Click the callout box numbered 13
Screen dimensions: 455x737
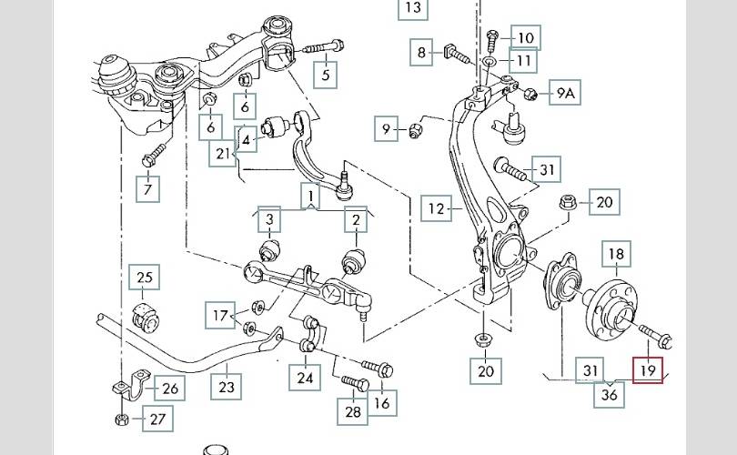point(413,8)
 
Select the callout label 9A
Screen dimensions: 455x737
point(567,93)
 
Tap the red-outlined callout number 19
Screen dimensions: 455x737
point(649,369)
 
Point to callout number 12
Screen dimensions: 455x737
point(437,209)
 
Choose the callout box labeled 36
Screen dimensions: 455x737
point(611,394)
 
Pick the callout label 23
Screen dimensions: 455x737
point(227,387)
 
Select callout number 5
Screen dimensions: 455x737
point(326,75)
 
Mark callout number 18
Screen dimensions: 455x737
point(616,255)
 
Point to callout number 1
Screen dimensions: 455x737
point(310,195)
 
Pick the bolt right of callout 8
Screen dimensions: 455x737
point(458,55)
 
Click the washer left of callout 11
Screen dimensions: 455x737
point(490,62)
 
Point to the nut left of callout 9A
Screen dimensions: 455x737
point(533,92)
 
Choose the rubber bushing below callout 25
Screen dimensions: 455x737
point(145,314)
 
